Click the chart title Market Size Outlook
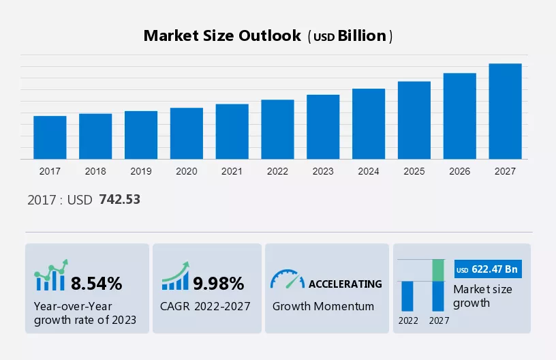click(x=222, y=36)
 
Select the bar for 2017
click(x=50, y=138)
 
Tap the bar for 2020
click(x=187, y=134)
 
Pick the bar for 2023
click(x=323, y=127)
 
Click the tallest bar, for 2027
click(x=505, y=111)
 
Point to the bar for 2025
click(x=414, y=120)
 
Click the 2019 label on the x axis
click(x=141, y=171)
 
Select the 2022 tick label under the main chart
click(x=277, y=171)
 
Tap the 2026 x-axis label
click(x=460, y=171)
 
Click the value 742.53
click(x=119, y=200)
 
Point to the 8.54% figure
click(x=97, y=283)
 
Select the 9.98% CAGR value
click(x=218, y=283)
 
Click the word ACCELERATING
click(x=345, y=284)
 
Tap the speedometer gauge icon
click(x=287, y=279)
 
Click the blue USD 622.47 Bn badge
click(x=487, y=270)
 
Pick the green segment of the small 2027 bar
click(x=438, y=270)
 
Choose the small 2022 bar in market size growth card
click(x=407, y=296)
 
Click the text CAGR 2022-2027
click(x=206, y=306)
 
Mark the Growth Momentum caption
click(x=323, y=306)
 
